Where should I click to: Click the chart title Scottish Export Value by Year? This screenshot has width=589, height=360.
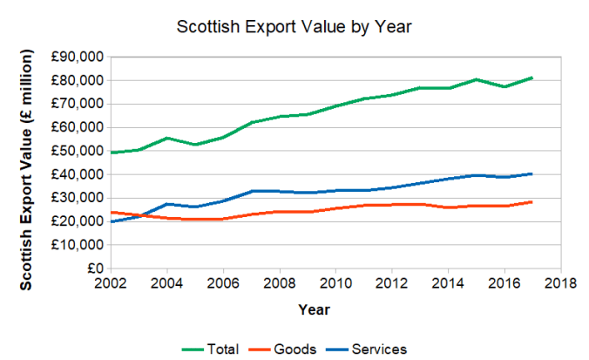click(294, 27)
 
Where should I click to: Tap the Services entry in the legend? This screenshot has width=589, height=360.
click(379, 350)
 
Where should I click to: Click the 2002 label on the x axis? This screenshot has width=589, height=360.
click(111, 284)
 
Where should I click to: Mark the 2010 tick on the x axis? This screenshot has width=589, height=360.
click(335, 284)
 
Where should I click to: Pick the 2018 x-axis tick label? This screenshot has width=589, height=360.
click(560, 284)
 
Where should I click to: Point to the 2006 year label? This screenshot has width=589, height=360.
click(223, 284)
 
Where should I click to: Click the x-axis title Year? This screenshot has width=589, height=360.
click(314, 309)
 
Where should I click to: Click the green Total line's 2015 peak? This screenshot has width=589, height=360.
click(476, 79)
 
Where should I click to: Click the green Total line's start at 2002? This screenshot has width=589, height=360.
click(111, 153)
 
